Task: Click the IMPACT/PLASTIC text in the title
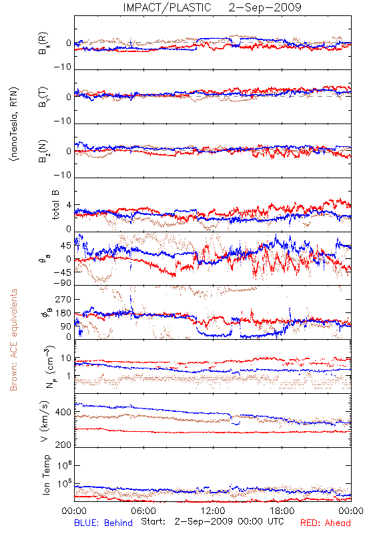point(167,7)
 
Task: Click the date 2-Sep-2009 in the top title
point(265,7)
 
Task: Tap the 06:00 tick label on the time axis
point(143,511)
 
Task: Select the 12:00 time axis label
point(213,511)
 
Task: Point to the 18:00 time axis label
point(282,511)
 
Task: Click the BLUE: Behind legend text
point(103,523)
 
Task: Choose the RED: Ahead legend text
point(326,523)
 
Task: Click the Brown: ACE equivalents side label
point(13,340)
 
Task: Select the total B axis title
point(55,205)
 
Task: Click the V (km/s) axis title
point(45,421)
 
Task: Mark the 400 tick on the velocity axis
point(63,413)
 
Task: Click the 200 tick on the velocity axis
point(63,445)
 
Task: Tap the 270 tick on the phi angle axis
point(63,299)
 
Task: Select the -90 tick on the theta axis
point(63,283)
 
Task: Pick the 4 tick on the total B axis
point(69,206)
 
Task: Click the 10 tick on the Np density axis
point(66,358)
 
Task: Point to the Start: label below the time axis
point(153,521)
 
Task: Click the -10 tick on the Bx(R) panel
point(63,67)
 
